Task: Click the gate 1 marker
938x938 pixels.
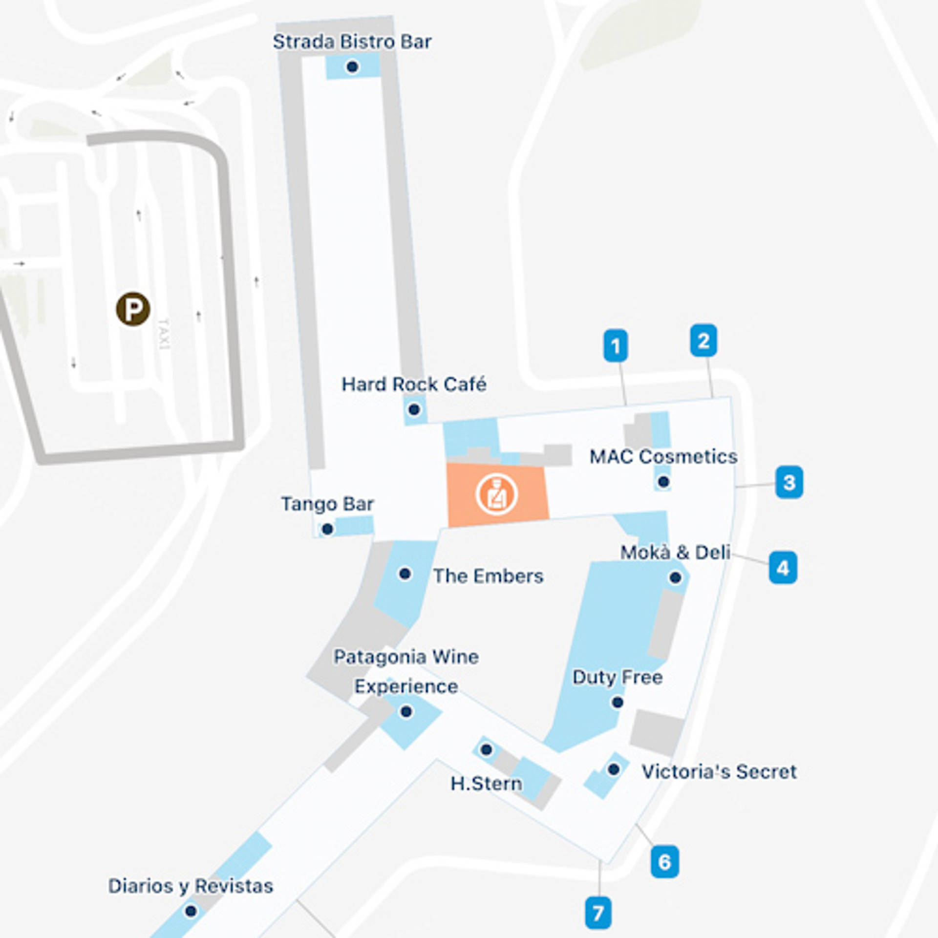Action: pos(616,346)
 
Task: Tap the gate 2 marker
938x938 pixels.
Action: pos(703,340)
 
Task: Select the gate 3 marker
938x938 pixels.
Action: pos(789,482)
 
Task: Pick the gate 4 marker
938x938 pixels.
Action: pos(783,568)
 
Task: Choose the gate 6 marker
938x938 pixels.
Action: pos(664,861)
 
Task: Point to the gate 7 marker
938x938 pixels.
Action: pos(598,913)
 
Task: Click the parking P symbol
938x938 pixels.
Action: pos(133,309)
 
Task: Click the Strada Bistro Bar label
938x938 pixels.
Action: pos(352,42)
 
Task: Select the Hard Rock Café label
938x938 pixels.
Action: pos(414,384)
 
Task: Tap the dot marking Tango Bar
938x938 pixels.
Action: pos(327,529)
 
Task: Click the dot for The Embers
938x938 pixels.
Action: pos(405,573)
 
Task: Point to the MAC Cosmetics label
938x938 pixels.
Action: pos(663,457)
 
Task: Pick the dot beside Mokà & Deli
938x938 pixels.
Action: pos(675,578)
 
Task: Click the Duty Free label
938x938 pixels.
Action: pos(618,678)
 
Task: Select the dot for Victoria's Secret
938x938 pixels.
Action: pos(614,769)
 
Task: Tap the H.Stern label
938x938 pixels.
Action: pos(486,784)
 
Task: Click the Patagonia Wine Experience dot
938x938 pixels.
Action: pos(406,712)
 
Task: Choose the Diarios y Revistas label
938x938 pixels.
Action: pos(191,886)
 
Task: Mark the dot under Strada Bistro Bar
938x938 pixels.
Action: pos(352,67)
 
